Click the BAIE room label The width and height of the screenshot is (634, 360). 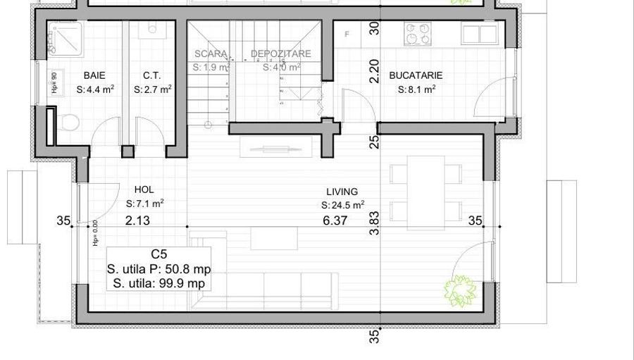click(95, 75)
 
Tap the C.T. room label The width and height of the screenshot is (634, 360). click(152, 75)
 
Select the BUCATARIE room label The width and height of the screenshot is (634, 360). click(416, 75)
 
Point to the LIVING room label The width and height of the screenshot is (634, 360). click(342, 192)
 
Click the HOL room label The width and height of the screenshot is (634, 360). click(144, 190)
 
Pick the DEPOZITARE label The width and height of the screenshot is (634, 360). click(281, 54)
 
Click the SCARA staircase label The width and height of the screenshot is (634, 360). click(211, 54)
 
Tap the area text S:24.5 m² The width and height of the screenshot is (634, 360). click(342, 205)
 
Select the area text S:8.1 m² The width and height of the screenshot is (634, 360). click(416, 89)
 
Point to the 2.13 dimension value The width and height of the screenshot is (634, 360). click(137, 221)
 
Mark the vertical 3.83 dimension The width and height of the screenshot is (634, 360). click(375, 223)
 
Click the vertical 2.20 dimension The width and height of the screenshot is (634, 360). click(375, 70)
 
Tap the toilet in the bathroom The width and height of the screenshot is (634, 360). click(68, 123)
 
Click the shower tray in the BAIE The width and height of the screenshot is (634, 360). click(65, 39)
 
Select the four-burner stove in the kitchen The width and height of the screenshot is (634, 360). click(418, 35)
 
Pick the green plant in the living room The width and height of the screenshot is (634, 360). click(459, 290)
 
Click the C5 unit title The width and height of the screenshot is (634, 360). click(159, 254)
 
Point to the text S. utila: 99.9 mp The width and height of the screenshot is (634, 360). click(158, 283)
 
